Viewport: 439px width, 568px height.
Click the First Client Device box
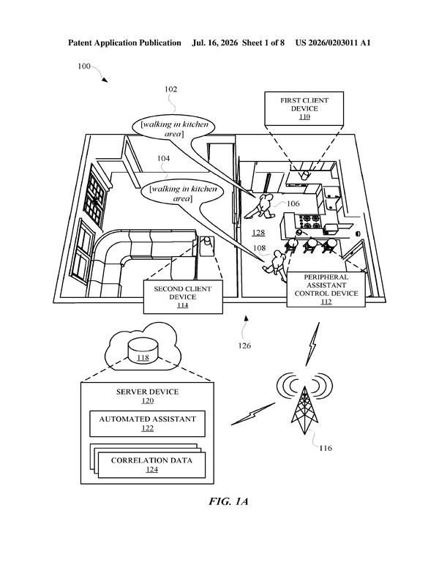coord(304,108)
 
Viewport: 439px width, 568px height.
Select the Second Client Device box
coord(183,296)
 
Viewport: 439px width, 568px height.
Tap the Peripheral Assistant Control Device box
coord(326,289)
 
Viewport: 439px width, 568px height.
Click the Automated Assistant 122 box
coord(147,424)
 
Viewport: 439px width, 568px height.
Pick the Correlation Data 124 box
coord(151,465)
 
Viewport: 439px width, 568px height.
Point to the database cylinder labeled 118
coord(143,351)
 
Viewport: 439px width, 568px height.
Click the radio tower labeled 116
coord(304,410)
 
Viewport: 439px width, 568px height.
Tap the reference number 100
coord(84,67)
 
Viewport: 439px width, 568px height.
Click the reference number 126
coord(244,345)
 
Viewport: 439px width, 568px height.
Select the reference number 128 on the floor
coord(258,233)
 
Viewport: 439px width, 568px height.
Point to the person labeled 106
coord(259,207)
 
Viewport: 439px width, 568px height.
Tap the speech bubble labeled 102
coord(173,128)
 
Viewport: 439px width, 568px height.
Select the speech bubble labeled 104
coord(182,193)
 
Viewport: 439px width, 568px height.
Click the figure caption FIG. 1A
coord(228,501)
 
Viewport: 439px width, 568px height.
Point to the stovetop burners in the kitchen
coord(309,222)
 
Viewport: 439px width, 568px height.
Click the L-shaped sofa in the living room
coord(141,260)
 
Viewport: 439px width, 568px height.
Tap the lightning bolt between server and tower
coord(253,414)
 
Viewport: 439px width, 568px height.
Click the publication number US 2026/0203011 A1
coord(332,42)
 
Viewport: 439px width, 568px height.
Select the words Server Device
coord(147,392)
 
